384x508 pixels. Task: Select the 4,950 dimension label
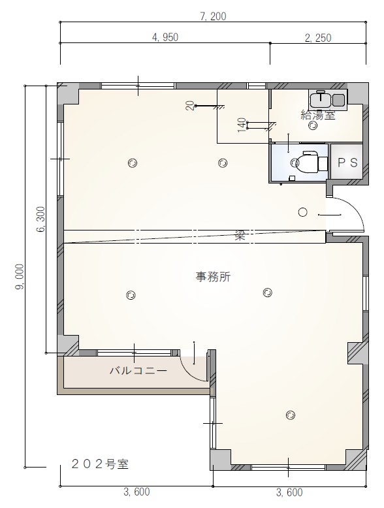click(165, 37)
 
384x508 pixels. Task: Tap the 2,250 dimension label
click(317, 37)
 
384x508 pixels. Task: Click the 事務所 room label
click(213, 276)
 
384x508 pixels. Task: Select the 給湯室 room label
click(317, 115)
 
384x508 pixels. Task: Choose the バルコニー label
click(137, 370)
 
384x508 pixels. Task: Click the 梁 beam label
click(240, 236)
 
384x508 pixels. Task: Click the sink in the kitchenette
click(322, 99)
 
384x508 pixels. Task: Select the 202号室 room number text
click(99, 466)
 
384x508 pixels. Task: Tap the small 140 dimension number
click(241, 124)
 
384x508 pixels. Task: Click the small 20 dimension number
click(189, 106)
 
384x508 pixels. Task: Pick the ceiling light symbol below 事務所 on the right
click(266, 293)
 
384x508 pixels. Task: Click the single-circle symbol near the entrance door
click(302, 212)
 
